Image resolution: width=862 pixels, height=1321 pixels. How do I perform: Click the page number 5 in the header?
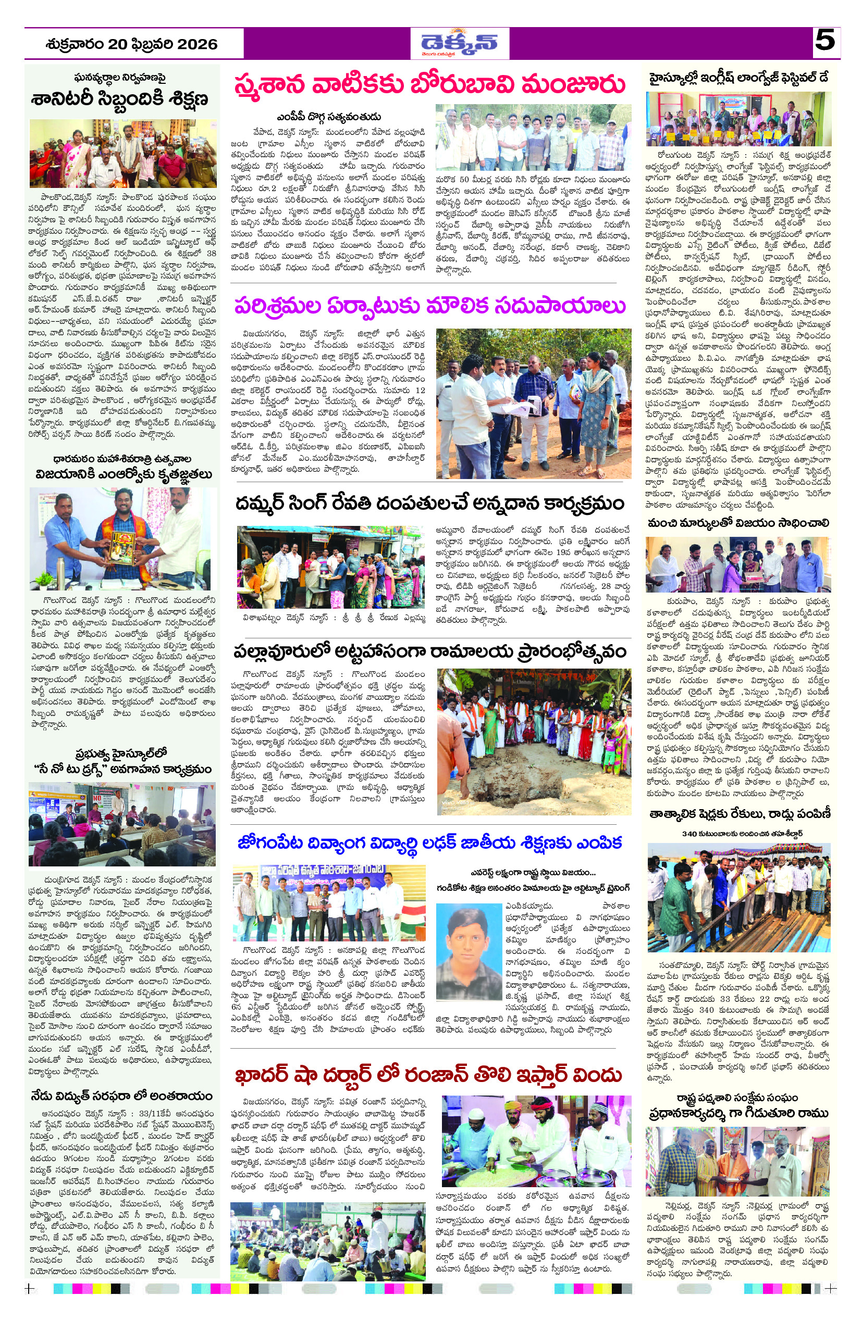tap(824, 41)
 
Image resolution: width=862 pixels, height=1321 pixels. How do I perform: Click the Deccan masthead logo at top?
tap(459, 43)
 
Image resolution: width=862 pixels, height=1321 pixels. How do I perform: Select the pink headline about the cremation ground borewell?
tap(429, 85)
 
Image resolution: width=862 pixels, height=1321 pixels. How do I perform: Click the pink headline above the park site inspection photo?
tap(429, 306)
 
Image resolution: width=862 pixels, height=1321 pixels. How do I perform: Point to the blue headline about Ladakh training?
tap(429, 843)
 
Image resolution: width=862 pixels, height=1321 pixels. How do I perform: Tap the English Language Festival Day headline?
tap(738, 78)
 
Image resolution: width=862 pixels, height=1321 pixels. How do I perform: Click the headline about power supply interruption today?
tap(121, 1096)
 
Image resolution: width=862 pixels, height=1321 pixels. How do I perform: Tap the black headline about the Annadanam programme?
tap(429, 504)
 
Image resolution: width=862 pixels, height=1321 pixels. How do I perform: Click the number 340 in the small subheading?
tap(689, 833)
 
